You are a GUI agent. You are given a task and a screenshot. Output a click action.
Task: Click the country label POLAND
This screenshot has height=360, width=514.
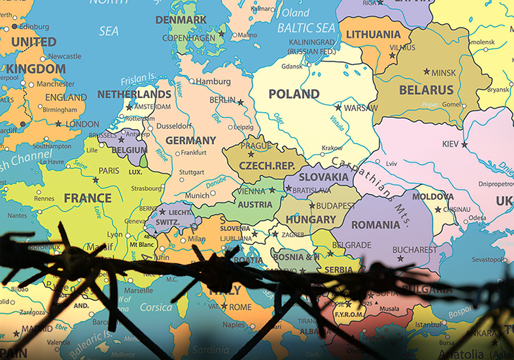pos(294,94)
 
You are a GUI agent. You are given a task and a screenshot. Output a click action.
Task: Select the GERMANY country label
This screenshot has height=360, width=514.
pos(191,140)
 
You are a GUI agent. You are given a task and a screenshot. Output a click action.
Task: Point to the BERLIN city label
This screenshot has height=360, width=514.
pos(222,100)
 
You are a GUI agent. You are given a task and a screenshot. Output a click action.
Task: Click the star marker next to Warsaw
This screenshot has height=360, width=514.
pos(338,108)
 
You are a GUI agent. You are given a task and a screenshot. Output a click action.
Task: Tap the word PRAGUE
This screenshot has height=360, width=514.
pos(255,146)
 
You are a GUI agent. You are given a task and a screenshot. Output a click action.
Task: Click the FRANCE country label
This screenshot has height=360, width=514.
pos(88,198)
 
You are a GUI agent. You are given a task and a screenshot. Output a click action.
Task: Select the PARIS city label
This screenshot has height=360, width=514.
pos(109,171)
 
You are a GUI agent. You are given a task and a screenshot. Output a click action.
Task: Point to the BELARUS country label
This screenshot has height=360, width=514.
pos(426,90)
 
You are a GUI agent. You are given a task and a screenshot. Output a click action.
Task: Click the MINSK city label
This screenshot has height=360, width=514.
pos(443,73)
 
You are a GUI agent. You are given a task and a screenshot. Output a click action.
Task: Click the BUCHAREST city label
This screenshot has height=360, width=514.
pos(414,249)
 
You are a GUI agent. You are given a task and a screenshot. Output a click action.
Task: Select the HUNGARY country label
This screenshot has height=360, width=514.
pos(311,220)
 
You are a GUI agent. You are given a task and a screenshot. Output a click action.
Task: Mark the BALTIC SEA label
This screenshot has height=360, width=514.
pos(306,28)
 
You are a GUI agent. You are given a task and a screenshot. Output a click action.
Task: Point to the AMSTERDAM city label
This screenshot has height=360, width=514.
pos(153,106)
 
